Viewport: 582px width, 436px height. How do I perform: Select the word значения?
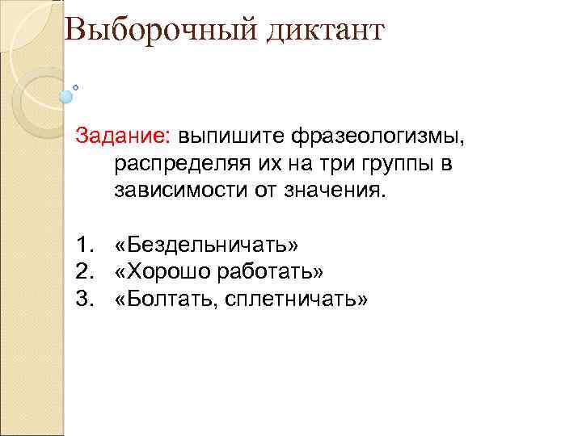(337, 192)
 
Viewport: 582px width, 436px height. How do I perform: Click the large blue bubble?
(65, 96)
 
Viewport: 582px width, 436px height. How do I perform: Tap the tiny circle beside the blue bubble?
(76, 86)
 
